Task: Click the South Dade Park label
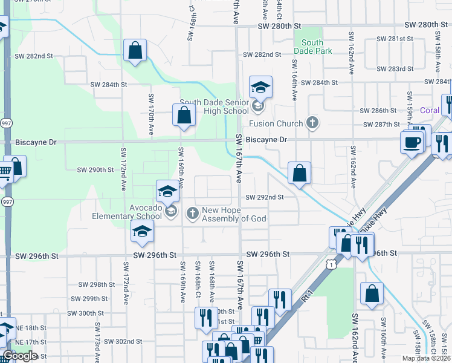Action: pyautogui.click(x=312, y=47)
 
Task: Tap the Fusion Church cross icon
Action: pyautogui.click(x=312, y=123)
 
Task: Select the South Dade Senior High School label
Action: pyautogui.click(x=215, y=106)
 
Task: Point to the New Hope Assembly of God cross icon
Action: pyautogui.click(x=192, y=212)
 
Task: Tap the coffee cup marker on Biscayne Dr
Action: pyautogui.click(x=413, y=143)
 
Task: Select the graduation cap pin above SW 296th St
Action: pyautogui.click(x=143, y=232)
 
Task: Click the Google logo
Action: pyautogui.click(x=20, y=356)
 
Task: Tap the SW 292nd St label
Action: pyautogui.click(x=264, y=197)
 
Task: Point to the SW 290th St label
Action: pyautogui.click(x=95, y=170)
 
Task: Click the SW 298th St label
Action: pyautogui.click(x=97, y=284)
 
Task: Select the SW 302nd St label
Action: pyautogui.click(x=123, y=341)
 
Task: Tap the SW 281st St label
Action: pyautogui.click(x=394, y=39)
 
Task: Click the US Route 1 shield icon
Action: pyautogui.click(x=330, y=264)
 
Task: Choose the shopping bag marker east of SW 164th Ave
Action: pyautogui.click(x=299, y=174)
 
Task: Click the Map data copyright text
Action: pyautogui.click(x=426, y=358)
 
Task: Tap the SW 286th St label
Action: pyautogui.click(x=378, y=111)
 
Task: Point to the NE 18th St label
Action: pyautogui.click(x=31, y=328)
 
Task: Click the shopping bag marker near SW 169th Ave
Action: pyautogui.click(x=184, y=115)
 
